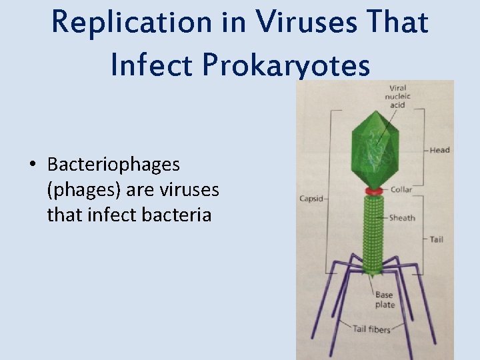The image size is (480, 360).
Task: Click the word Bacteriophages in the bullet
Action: (x=113, y=165)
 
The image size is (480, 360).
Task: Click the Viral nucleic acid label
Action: (x=397, y=96)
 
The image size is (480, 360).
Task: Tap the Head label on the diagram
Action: (x=439, y=150)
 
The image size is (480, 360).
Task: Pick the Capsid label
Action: (x=311, y=198)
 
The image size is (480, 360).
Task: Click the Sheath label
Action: (x=402, y=217)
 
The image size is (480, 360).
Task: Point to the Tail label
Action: (x=436, y=239)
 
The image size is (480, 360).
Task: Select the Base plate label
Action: (x=384, y=300)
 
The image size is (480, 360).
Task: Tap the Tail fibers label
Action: (x=371, y=329)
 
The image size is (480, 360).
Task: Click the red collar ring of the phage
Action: (x=373, y=191)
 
